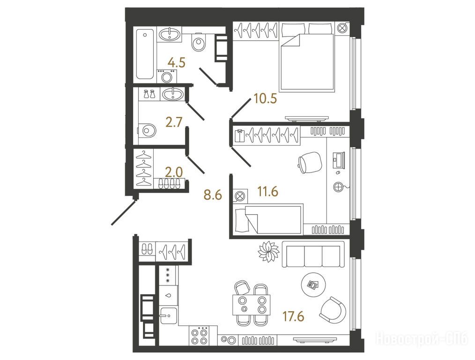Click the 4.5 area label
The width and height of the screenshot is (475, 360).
177,63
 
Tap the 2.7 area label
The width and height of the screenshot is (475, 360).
174,122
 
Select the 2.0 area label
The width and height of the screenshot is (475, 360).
174,172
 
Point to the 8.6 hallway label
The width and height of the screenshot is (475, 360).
213,195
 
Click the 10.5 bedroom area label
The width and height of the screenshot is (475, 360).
266,99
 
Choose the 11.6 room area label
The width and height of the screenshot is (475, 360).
268,192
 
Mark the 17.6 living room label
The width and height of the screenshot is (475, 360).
293,316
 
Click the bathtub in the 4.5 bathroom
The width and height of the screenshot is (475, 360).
145,54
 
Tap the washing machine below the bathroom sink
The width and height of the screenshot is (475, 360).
166,76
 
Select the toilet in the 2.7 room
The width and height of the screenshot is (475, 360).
148,131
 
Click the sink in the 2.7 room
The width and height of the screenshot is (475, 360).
173,94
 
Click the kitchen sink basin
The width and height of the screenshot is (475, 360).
169,315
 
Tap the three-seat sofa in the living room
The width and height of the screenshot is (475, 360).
313,254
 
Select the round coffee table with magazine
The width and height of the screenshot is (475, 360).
313,285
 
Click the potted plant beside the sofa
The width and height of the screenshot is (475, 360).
268,251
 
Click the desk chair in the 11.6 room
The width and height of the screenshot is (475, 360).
310,163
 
